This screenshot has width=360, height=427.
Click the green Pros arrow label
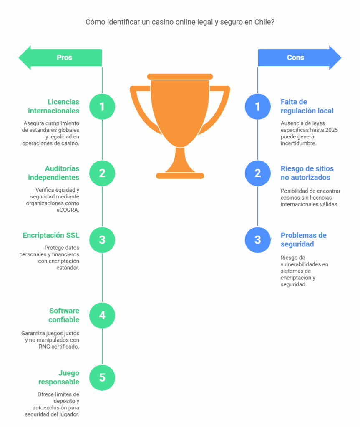click(64, 58)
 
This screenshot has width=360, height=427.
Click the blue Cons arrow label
click(295, 58)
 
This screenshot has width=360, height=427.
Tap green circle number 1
click(102, 106)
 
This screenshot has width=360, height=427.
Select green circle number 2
click(102, 173)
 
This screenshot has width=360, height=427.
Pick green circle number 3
click(102, 240)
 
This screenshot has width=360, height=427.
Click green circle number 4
click(102, 315)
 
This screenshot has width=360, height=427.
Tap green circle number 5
click(102, 378)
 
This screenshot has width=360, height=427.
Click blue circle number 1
click(257, 106)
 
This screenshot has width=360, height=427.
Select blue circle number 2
click(257, 173)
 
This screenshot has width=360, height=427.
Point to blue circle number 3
click(257, 240)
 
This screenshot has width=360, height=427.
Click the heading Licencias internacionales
click(54, 106)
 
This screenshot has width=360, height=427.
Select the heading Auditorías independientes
click(54, 173)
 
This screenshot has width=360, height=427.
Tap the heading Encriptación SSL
click(51, 236)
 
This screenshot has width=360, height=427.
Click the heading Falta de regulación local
click(307, 106)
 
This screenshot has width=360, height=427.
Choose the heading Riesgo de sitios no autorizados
click(307, 173)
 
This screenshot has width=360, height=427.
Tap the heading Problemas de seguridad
click(303, 239)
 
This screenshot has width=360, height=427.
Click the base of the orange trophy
click(180, 176)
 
